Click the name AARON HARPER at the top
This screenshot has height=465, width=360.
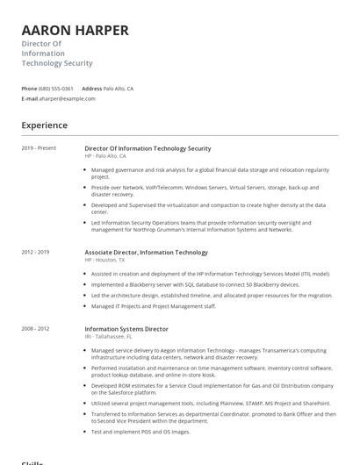point(75,31)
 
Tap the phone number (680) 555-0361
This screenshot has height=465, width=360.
point(56,89)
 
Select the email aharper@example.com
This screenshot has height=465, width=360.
point(68,98)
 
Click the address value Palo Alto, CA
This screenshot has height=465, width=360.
point(119,89)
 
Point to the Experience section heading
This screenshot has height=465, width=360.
point(45,125)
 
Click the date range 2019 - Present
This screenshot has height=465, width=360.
point(39,148)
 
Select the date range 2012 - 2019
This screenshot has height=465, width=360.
point(35,252)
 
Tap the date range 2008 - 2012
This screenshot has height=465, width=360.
point(35,328)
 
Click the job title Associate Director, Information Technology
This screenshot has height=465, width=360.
point(146,253)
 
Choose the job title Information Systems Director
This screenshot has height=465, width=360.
point(126,329)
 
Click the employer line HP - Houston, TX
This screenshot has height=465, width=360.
point(104,261)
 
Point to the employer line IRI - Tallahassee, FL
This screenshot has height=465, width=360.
point(108,336)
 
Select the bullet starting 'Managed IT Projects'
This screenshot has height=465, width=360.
point(154,305)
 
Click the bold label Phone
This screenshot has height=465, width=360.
point(29,89)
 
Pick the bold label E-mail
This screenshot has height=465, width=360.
point(29,98)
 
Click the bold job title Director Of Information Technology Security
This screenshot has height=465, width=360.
point(148,148)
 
